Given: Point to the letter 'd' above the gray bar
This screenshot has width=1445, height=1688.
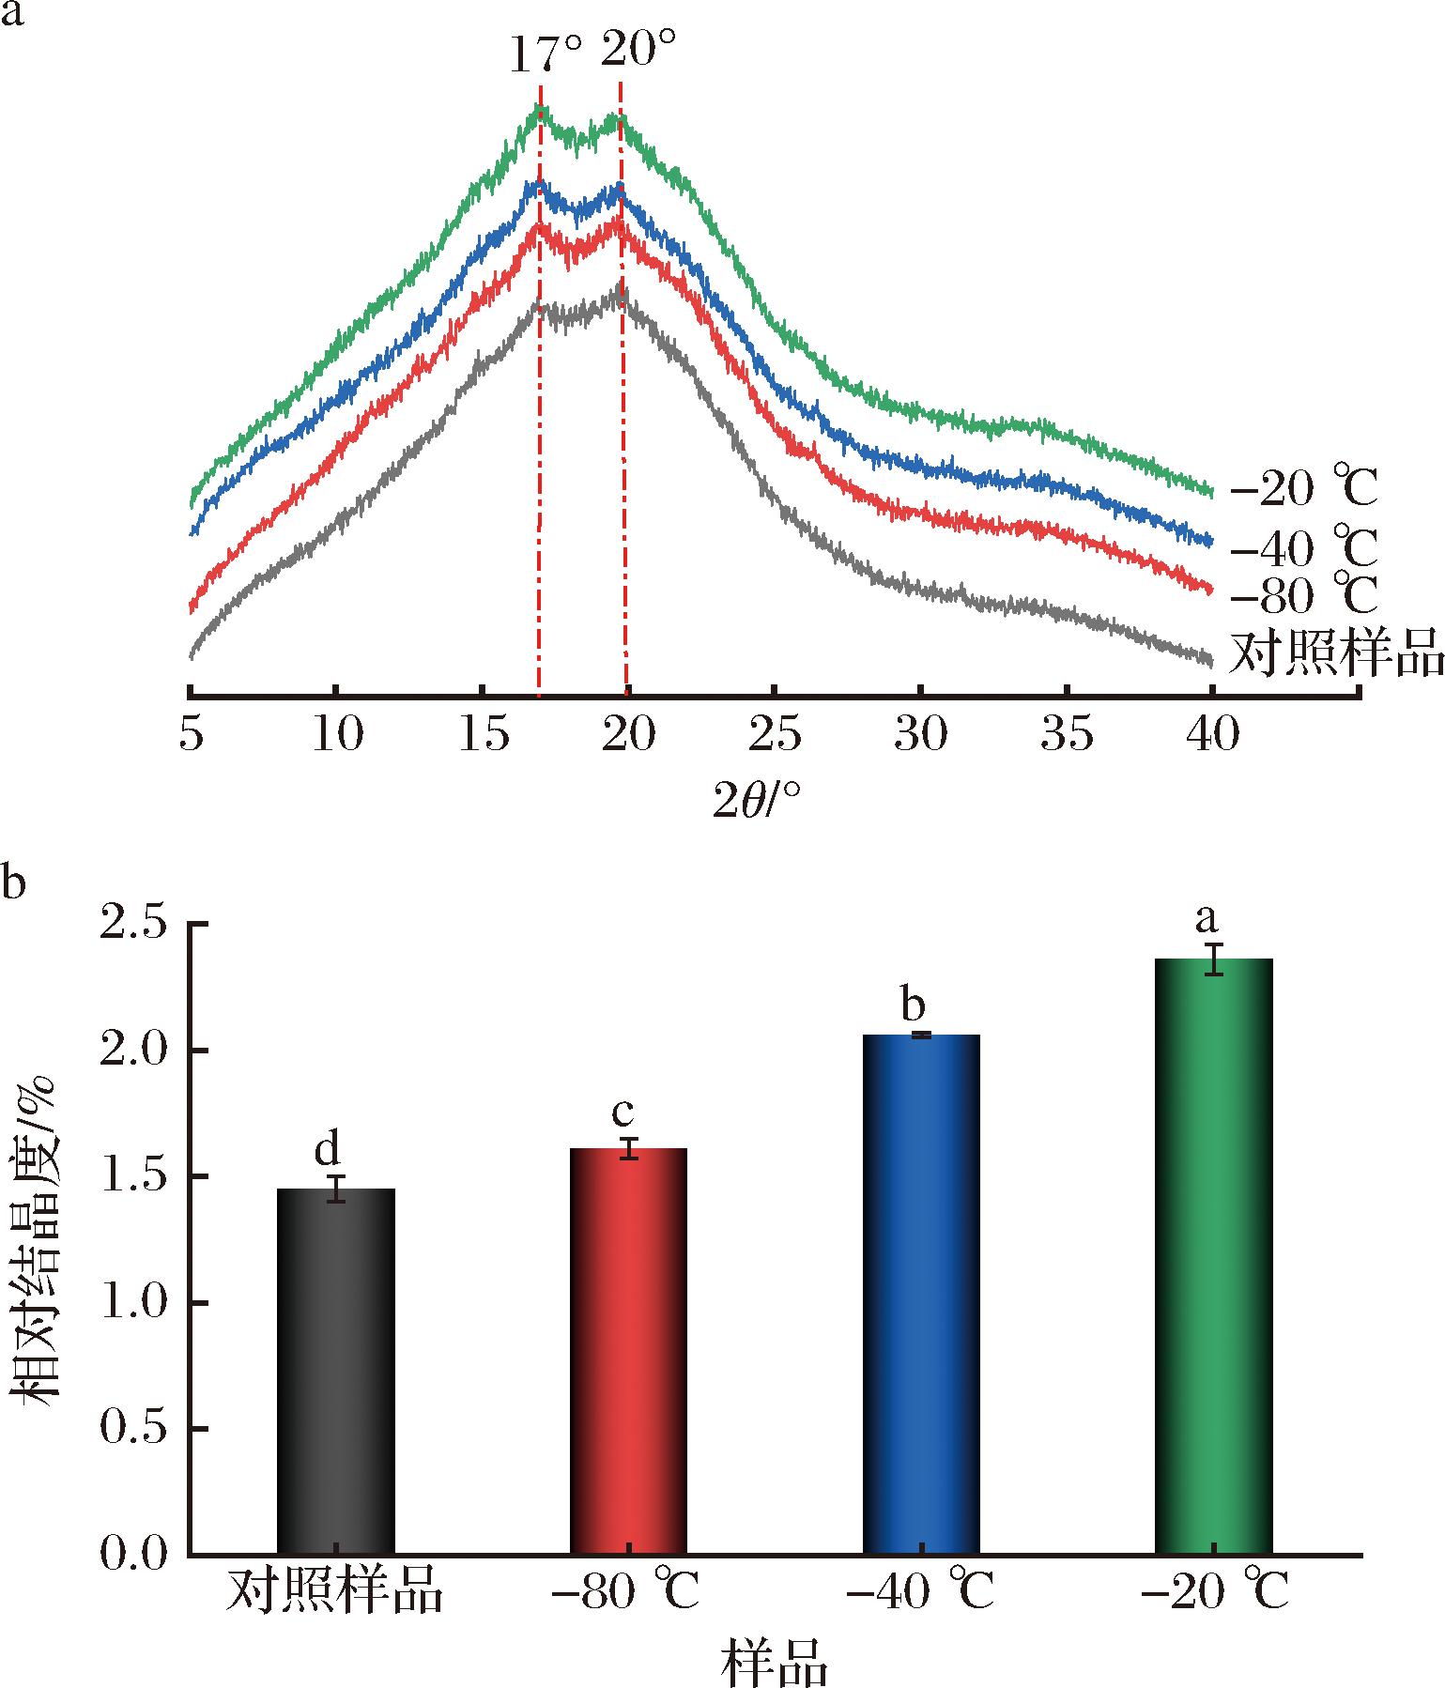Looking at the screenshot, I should point(327,1147).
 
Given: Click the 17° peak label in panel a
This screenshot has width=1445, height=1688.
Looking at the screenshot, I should point(546,55).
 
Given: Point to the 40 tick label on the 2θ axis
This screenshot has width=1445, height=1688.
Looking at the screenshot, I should point(1212,737).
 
